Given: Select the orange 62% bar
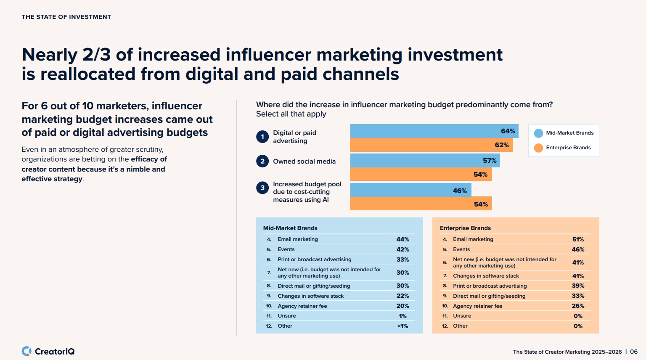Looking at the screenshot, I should coord(431,145).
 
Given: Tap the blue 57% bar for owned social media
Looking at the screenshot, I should coord(425,161).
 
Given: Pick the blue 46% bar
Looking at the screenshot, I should coord(410,190).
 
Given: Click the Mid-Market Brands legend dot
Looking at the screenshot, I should coord(538,133).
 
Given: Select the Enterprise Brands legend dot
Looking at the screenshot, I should coord(538,148).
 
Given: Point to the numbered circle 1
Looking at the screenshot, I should coord(262,137).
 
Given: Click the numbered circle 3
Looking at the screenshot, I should coord(262,188).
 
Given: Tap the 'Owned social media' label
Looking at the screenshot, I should coord(304,161).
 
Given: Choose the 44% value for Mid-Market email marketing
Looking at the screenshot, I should coord(402,239).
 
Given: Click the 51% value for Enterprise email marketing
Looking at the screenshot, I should coord(578,239).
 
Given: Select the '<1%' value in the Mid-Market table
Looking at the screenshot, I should coord(402,326).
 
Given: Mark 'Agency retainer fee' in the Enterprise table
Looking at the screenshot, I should coord(477,306).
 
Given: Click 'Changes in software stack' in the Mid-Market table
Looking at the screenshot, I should coord(310,296).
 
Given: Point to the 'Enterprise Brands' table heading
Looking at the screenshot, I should coord(465,228).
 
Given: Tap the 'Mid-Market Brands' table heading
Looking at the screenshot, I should coord(290,228).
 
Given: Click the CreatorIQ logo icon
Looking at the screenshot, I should coord(26,351).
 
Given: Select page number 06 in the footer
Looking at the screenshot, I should coord(633,352).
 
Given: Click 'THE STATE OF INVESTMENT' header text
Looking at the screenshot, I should coord(66,17).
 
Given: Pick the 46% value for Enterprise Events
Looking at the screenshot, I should coord(578,249).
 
